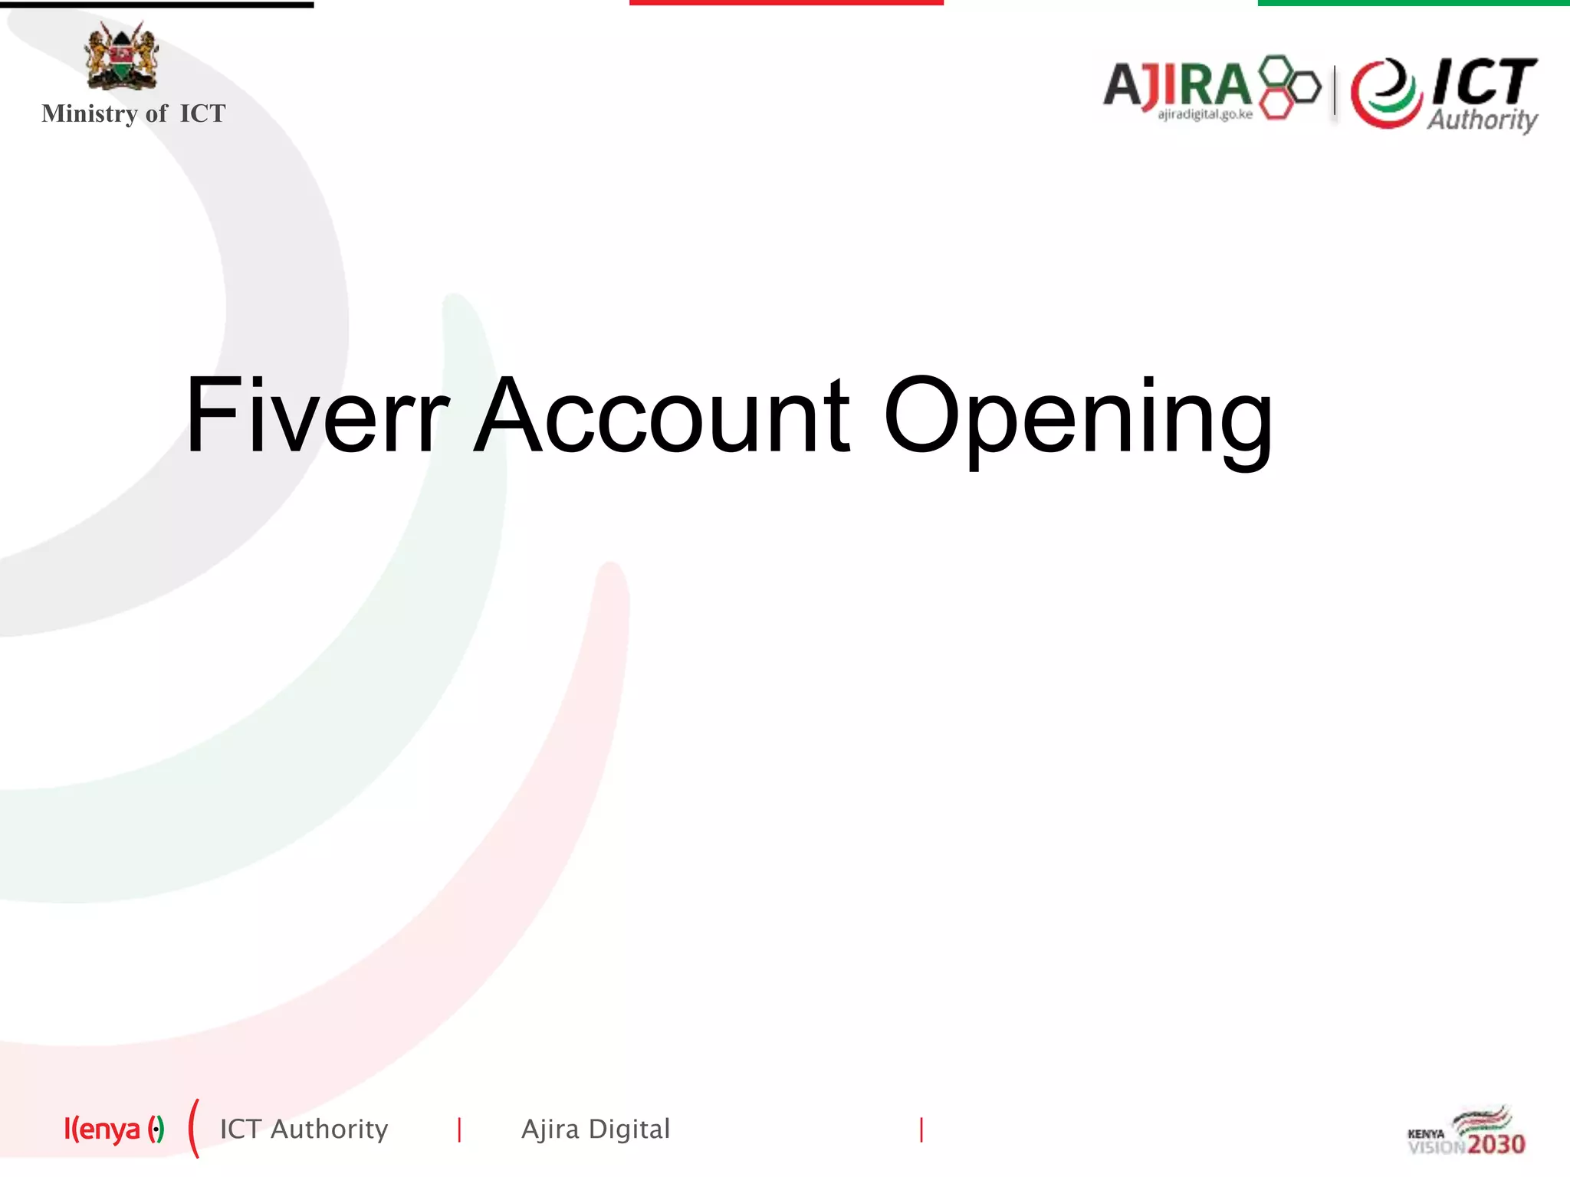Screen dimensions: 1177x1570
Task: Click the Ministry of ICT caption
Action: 133,113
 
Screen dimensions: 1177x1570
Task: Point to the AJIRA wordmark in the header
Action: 1177,84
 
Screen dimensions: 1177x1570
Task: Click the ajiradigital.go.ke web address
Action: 1204,115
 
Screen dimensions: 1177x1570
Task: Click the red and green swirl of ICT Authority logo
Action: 1384,93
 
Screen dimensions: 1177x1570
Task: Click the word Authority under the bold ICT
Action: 1482,120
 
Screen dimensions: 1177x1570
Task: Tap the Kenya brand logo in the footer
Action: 113,1129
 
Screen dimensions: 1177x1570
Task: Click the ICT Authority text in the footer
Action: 304,1129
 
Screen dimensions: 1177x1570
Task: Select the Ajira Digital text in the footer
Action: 596,1129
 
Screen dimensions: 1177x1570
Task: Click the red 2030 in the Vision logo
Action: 1496,1145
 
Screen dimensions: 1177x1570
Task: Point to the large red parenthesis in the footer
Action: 194,1129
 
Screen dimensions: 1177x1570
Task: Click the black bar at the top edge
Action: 156,5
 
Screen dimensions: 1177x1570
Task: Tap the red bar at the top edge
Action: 786,3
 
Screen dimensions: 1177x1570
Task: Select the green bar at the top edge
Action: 1414,3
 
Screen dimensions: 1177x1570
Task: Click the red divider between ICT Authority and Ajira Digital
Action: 459,1129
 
